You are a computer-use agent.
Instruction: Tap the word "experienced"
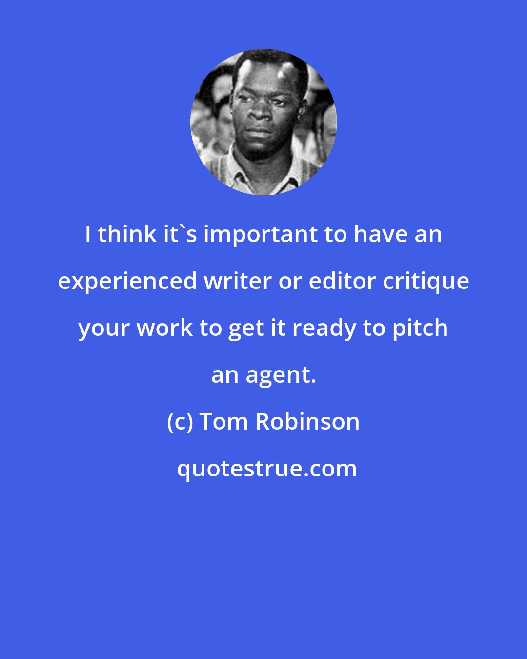[x=126, y=282]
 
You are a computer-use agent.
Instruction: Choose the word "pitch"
[x=420, y=328]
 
